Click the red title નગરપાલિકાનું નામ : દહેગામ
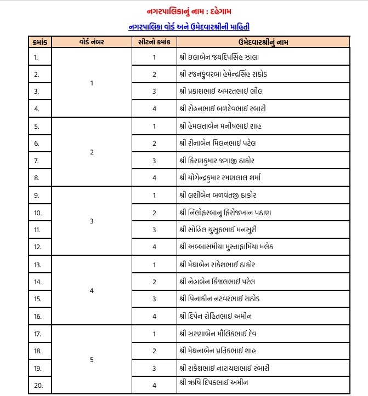[183, 12]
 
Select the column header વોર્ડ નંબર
[92, 42]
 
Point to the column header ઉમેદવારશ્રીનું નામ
[263, 42]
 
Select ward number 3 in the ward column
[92, 221]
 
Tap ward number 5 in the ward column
[92, 359]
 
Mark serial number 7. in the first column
[36, 160]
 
